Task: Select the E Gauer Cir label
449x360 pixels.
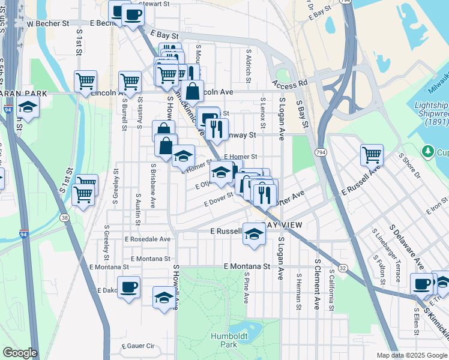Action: pos(138,346)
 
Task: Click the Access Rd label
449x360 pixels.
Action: pos(289,83)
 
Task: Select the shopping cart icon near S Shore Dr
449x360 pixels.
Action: pos(372,154)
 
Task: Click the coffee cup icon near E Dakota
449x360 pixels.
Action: pos(128,287)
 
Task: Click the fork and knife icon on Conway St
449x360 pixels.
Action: pos(216,127)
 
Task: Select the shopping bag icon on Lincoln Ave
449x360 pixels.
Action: pos(193,91)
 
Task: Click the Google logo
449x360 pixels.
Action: pos(19,353)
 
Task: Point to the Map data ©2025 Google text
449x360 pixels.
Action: pos(411,355)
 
